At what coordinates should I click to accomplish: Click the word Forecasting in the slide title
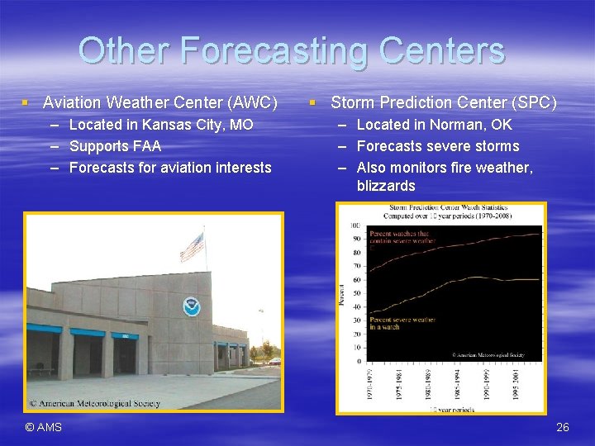(x=274, y=51)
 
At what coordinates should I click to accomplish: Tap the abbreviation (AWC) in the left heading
(x=250, y=103)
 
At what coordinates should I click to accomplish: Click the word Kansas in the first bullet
(x=169, y=125)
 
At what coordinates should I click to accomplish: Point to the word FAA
(x=145, y=146)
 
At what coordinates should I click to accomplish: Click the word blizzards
(x=386, y=186)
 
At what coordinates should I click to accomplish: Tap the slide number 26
(x=563, y=427)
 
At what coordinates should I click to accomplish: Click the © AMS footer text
(x=43, y=427)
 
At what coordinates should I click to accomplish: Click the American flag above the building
(x=192, y=246)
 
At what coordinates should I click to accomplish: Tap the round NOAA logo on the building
(x=192, y=306)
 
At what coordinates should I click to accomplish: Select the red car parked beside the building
(x=274, y=361)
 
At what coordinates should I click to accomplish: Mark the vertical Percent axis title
(x=341, y=294)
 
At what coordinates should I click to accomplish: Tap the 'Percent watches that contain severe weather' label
(x=402, y=238)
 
